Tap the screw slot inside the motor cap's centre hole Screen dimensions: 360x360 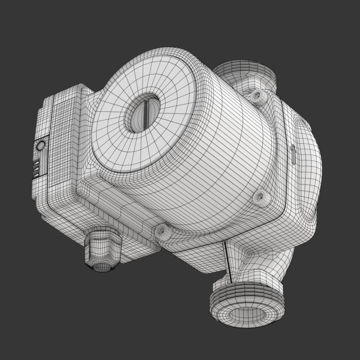(146, 114)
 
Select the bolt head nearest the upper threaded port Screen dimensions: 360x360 (257, 96)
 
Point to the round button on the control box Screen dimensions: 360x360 (40, 146)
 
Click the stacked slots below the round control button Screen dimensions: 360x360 (36, 169)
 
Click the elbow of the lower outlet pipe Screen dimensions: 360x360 (270, 258)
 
